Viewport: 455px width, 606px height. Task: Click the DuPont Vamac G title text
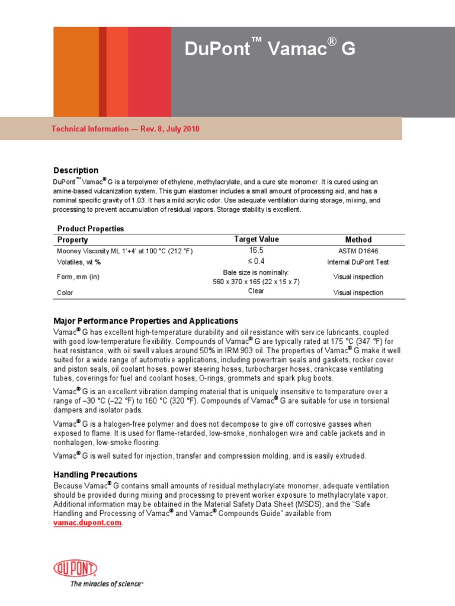pyautogui.click(x=270, y=49)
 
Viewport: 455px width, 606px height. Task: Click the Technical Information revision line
pyautogui.click(x=126, y=128)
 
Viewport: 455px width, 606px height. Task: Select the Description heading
pyautogui.click(x=76, y=170)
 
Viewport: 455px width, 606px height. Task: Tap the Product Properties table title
pyautogui.click(x=91, y=228)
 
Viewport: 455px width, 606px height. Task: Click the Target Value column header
pyautogui.click(x=256, y=239)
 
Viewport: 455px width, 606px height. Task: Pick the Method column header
pyautogui.click(x=358, y=240)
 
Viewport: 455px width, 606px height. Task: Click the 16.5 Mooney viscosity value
pyautogui.click(x=256, y=251)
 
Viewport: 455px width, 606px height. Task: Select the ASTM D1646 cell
pyautogui.click(x=358, y=252)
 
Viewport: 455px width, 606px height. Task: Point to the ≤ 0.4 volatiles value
pyautogui.click(x=256, y=261)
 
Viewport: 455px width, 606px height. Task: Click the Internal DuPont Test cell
pyautogui.click(x=358, y=262)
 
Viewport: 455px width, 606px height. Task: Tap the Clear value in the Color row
pyautogui.click(x=256, y=291)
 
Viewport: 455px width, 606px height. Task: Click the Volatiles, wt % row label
pyautogui.click(x=79, y=262)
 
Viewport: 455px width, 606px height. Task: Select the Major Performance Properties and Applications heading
pyautogui.click(x=146, y=321)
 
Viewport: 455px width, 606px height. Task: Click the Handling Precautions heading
pyautogui.click(x=95, y=475)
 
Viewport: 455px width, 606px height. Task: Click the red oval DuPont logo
pyautogui.click(x=75, y=569)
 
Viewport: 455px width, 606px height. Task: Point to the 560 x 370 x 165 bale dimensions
pyautogui.click(x=256, y=282)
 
